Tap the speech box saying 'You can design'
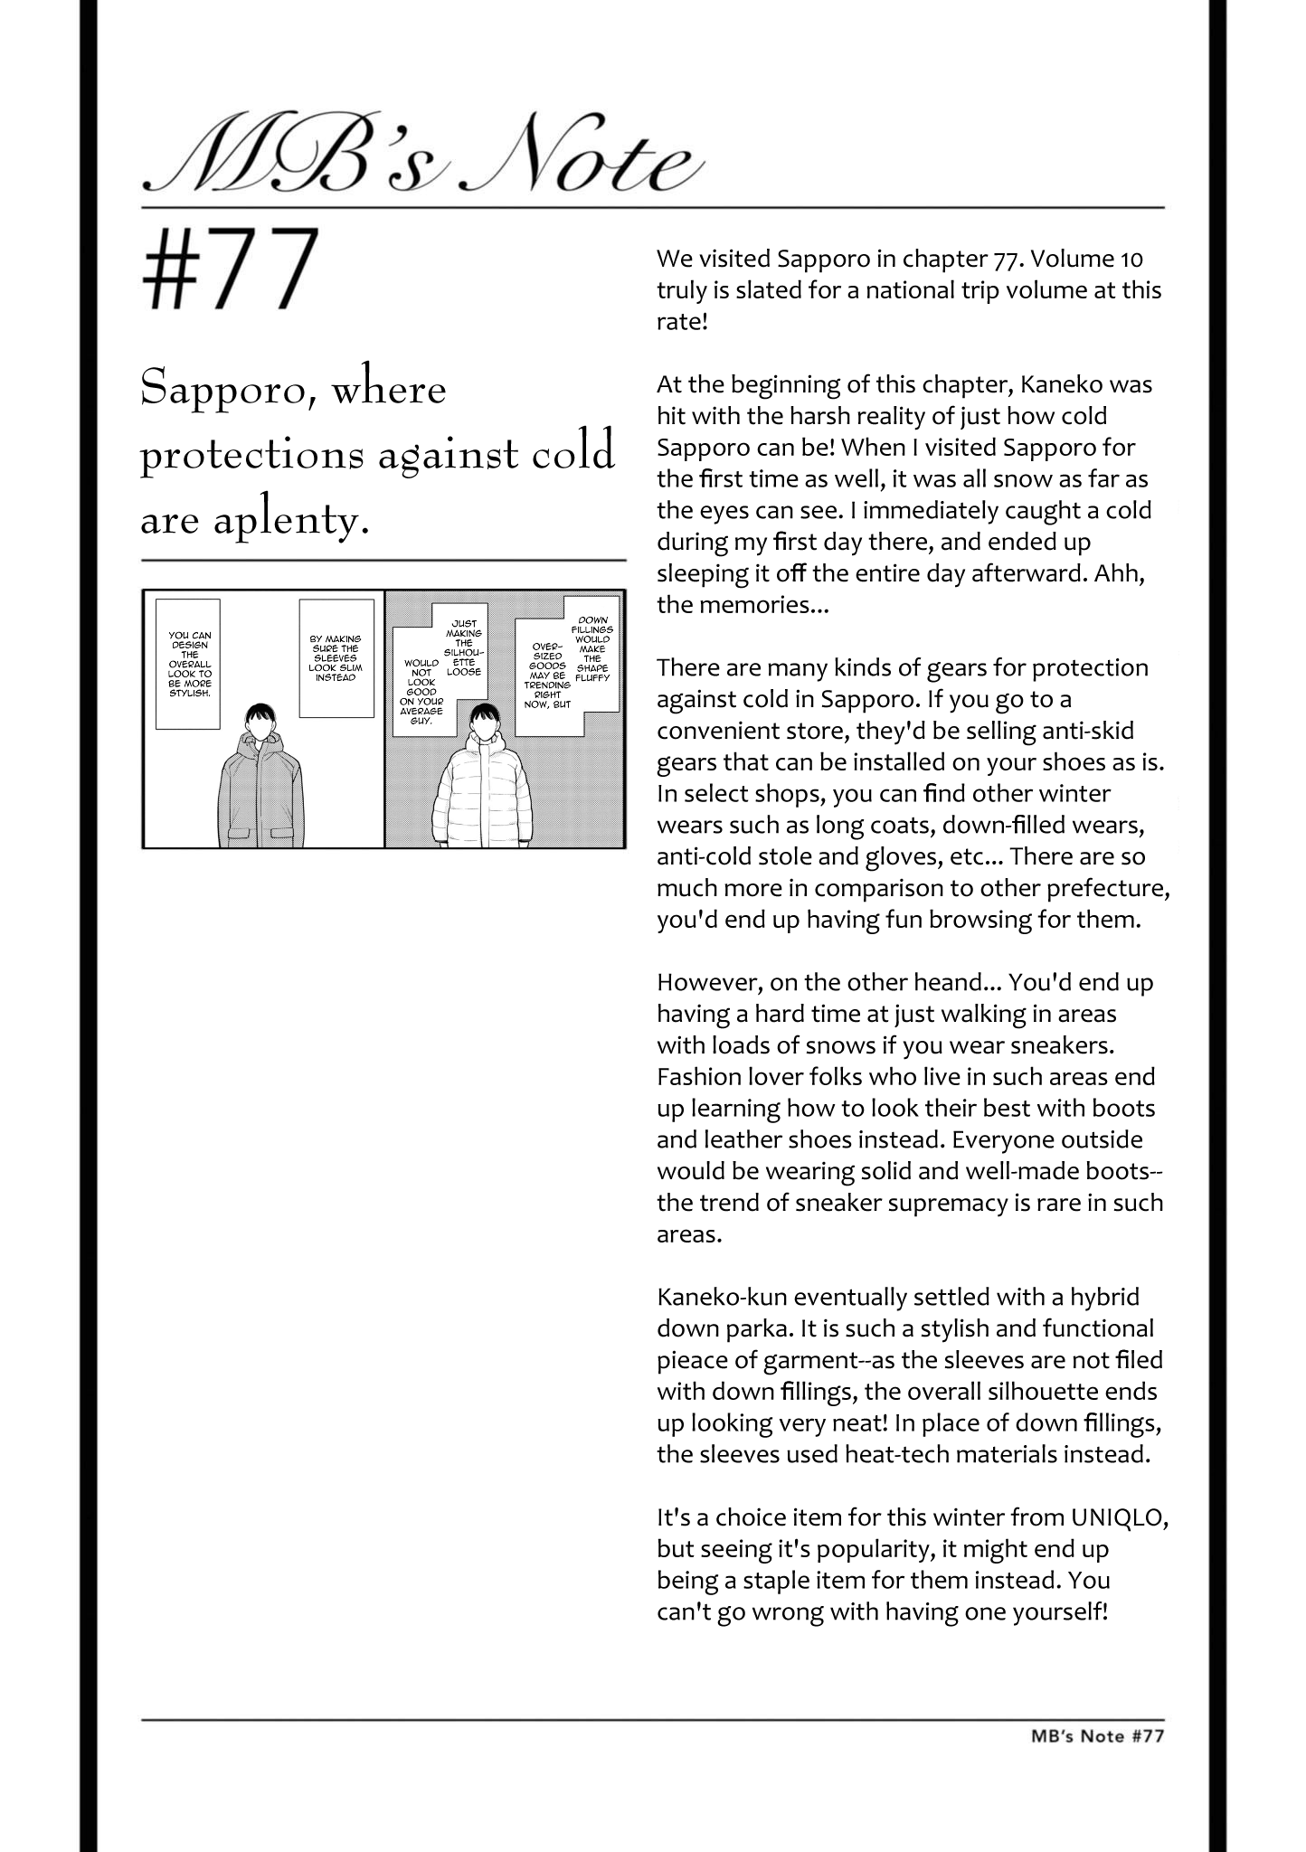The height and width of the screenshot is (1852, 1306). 189,664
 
